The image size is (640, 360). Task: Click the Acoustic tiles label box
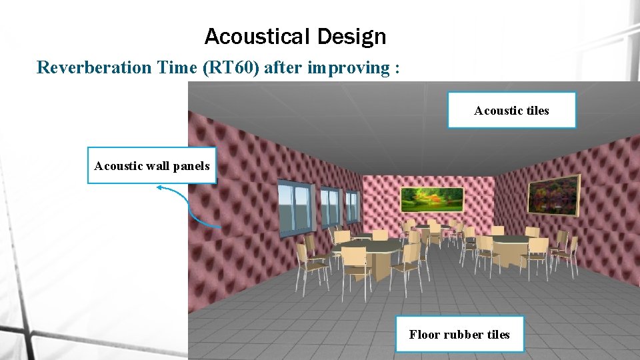[511, 110]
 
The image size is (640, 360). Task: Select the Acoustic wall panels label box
[152, 165]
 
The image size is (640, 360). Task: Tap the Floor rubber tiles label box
[459, 334]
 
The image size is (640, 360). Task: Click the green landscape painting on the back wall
[432, 197]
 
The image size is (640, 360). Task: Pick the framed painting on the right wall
[553, 195]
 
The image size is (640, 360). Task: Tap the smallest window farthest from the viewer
[351, 205]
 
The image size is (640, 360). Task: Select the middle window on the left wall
[329, 205]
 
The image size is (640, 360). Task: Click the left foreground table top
[367, 247]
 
